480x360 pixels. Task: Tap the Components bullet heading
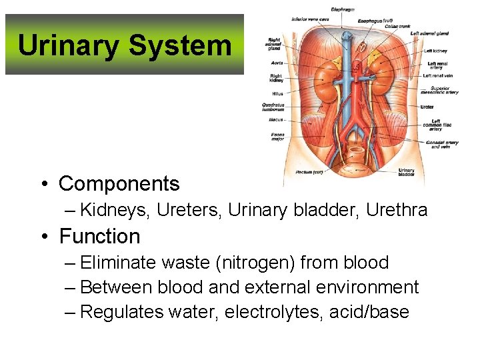tap(119, 183)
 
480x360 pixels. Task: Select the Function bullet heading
tap(99, 236)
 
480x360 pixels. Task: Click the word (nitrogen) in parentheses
tap(241, 262)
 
